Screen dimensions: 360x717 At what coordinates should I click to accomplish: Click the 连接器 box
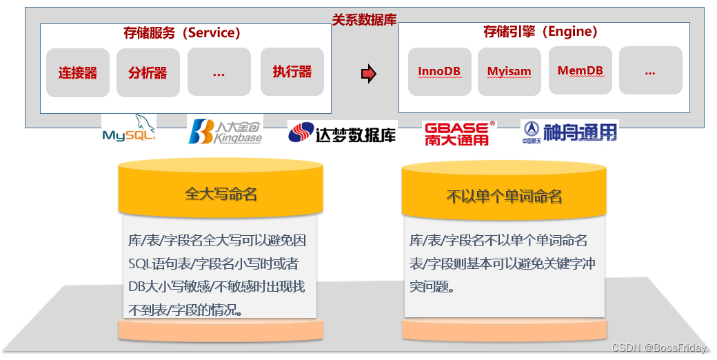[x=78, y=72]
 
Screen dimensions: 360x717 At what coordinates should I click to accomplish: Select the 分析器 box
[x=148, y=72]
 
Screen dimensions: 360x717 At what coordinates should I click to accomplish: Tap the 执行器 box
[x=292, y=72]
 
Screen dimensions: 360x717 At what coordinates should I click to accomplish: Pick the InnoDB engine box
[x=439, y=71]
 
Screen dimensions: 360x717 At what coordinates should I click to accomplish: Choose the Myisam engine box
[x=509, y=71]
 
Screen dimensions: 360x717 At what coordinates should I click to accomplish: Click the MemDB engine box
[x=580, y=70]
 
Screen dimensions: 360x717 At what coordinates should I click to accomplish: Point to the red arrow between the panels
[x=369, y=73]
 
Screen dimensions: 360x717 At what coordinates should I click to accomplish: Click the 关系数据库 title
[x=365, y=20]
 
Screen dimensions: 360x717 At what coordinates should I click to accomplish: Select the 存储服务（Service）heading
[x=182, y=32]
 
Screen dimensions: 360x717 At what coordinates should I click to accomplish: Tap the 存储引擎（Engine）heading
[x=541, y=32]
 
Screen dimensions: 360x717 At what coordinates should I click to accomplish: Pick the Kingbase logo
[x=225, y=131]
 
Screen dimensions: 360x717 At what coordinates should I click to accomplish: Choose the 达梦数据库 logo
[x=342, y=132]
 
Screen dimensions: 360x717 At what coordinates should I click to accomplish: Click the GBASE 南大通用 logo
[x=459, y=133]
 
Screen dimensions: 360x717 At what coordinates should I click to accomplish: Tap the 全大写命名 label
[x=221, y=194]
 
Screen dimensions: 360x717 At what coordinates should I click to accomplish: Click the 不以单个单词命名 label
[x=504, y=197]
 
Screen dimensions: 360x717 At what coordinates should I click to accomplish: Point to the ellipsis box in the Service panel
[x=219, y=72]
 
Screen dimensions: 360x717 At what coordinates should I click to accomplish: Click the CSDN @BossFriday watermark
[x=659, y=348]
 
